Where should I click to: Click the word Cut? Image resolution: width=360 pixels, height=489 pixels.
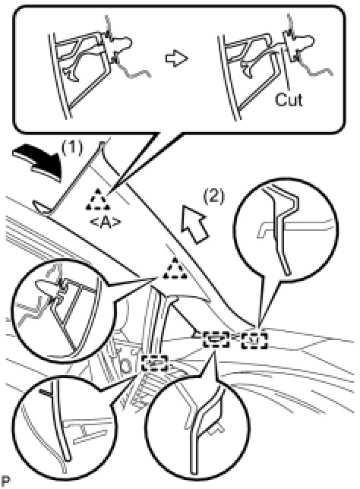289,100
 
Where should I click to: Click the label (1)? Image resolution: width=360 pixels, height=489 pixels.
72,147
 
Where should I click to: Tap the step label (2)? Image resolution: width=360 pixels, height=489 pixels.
213,197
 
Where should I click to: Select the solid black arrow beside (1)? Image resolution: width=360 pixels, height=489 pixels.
37,162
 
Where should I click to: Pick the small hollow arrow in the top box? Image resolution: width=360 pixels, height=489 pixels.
176,58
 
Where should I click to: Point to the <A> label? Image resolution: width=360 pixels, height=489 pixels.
105,222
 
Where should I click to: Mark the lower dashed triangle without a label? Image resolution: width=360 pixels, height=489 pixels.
175,268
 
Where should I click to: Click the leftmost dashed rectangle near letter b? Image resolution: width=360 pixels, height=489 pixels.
153,362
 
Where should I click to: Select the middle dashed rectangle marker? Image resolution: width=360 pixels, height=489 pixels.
216,339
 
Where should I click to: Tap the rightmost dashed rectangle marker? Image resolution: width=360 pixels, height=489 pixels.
254,340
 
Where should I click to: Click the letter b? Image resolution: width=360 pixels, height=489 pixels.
126,365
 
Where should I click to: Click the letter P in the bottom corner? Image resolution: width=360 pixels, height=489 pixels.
5,481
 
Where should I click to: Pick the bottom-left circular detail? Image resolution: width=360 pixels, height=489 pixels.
64,429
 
